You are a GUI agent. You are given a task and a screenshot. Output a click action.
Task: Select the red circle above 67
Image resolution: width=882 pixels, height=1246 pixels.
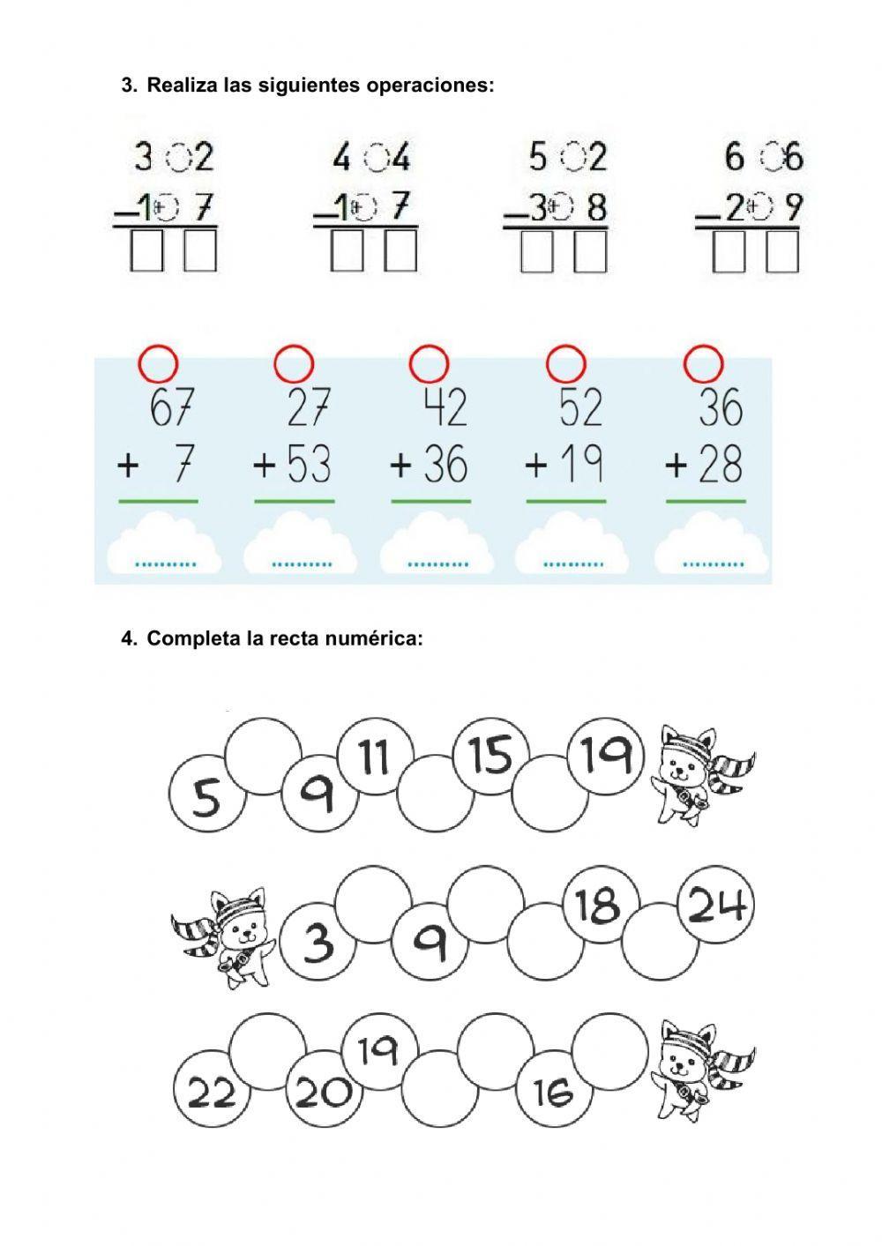pyautogui.click(x=159, y=362)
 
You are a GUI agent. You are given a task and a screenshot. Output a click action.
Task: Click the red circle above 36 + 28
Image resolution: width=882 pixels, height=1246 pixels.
pyautogui.click(x=704, y=362)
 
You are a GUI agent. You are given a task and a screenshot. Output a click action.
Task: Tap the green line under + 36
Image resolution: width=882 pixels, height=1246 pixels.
pyautogui.click(x=430, y=501)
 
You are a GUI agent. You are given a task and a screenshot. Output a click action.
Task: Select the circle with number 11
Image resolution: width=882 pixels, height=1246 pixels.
pyautogui.click(x=374, y=757)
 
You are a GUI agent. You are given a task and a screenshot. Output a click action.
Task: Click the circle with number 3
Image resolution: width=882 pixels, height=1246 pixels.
pyautogui.click(x=318, y=942)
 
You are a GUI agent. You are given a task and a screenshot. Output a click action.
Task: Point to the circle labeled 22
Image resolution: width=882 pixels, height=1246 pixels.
pyautogui.click(x=212, y=1093)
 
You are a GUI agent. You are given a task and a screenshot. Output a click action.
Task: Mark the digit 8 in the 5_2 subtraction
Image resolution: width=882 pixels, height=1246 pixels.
pyautogui.click(x=597, y=208)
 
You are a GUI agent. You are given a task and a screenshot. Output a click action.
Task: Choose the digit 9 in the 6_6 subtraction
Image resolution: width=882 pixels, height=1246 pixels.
pyautogui.click(x=793, y=208)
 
